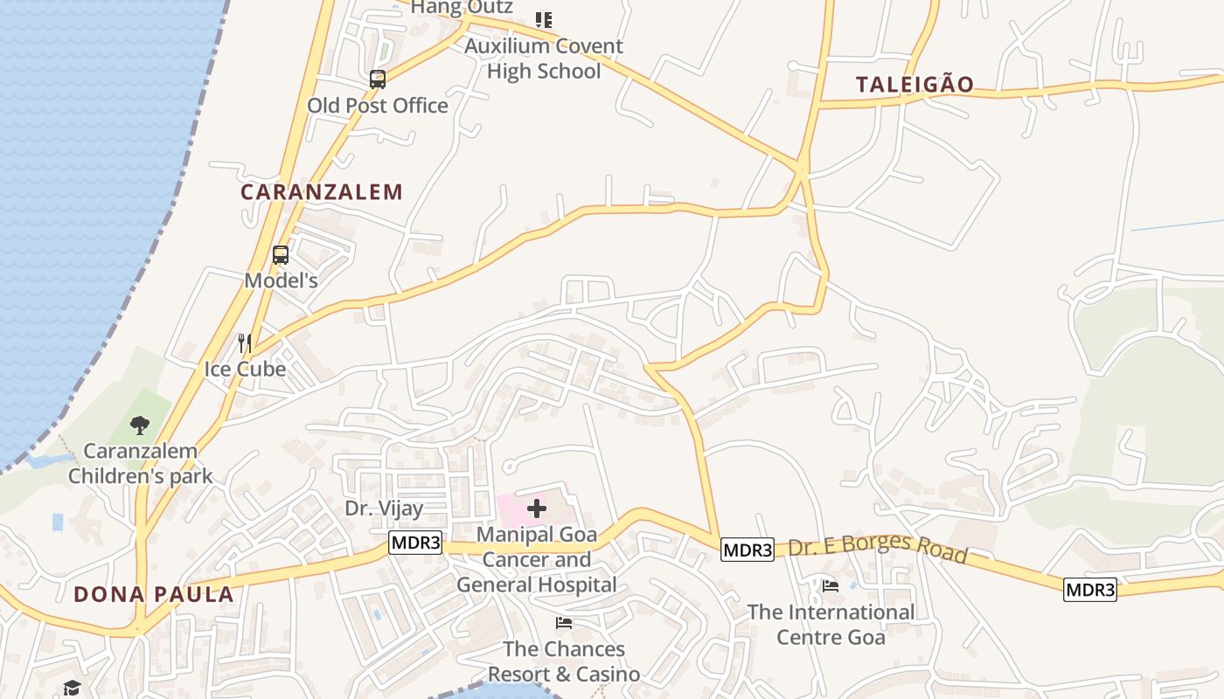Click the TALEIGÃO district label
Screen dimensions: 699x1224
coord(915,85)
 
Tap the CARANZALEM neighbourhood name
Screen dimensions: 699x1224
coord(322,192)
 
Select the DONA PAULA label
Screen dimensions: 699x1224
coord(154,595)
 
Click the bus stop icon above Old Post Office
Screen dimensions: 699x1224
coord(378,80)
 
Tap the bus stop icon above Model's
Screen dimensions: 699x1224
coord(281,255)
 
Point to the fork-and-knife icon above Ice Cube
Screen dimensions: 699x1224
coord(245,343)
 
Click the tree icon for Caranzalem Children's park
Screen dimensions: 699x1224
coord(139,426)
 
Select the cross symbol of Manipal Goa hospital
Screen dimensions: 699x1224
coord(537,509)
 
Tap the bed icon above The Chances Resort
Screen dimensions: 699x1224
coord(564,623)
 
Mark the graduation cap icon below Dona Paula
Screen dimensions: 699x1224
coord(72,689)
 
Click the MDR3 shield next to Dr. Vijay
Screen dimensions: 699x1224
coord(415,543)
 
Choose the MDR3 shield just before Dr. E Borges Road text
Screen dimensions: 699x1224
coord(748,550)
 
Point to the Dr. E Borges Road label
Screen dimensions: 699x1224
coord(878,547)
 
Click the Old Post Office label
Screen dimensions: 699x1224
coord(378,106)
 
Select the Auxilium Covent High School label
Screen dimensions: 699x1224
coord(544,59)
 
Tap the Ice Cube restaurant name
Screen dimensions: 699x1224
coord(245,369)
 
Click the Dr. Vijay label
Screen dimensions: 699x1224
coord(384,509)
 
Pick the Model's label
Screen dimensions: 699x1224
coord(281,280)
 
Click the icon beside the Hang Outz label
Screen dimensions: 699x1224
coord(544,19)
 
